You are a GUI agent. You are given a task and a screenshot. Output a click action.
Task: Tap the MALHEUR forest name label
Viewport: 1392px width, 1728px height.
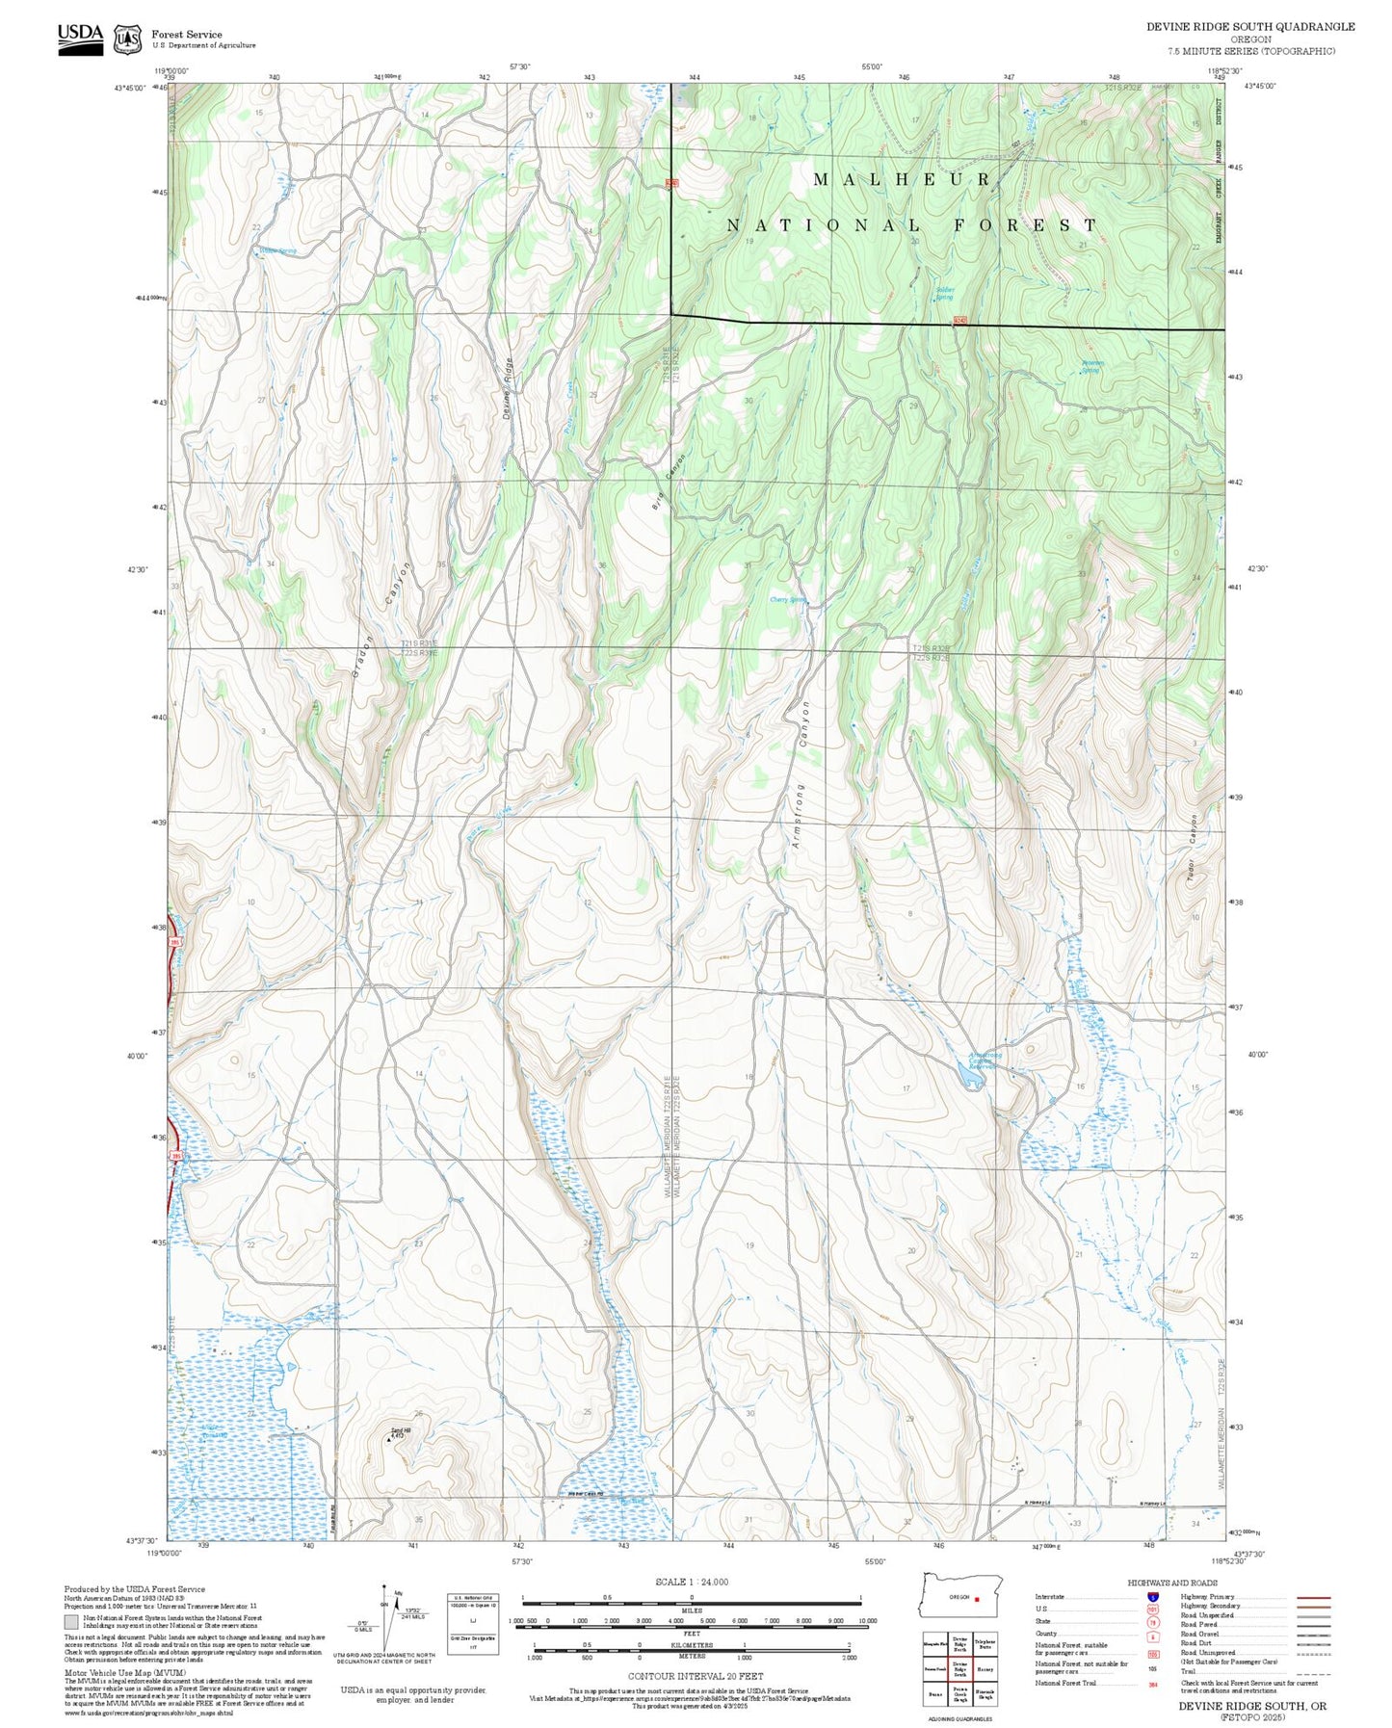click(903, 179)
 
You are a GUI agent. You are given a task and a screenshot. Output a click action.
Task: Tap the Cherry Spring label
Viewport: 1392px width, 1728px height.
click(787, 599)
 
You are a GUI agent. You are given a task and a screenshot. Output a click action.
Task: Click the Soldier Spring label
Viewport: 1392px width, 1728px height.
click(944, 294)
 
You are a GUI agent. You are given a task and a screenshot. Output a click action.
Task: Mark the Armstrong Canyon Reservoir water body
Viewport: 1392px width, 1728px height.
click(974, 1083)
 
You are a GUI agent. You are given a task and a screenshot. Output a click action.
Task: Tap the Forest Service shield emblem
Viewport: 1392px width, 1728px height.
click(127, 39)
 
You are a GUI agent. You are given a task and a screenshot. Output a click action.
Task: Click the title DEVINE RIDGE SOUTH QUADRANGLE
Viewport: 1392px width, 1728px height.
click(1249, 27)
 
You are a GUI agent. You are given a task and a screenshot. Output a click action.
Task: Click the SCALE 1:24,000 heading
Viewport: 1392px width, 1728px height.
click(691, 1582)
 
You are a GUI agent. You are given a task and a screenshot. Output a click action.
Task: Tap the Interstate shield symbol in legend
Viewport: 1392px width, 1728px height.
click(1152, 1597)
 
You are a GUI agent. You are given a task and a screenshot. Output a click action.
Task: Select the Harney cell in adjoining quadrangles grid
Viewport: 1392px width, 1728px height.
click(984, 1669)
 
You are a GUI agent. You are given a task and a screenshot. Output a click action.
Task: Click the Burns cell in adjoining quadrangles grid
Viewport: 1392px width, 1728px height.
click(934, 1693)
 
